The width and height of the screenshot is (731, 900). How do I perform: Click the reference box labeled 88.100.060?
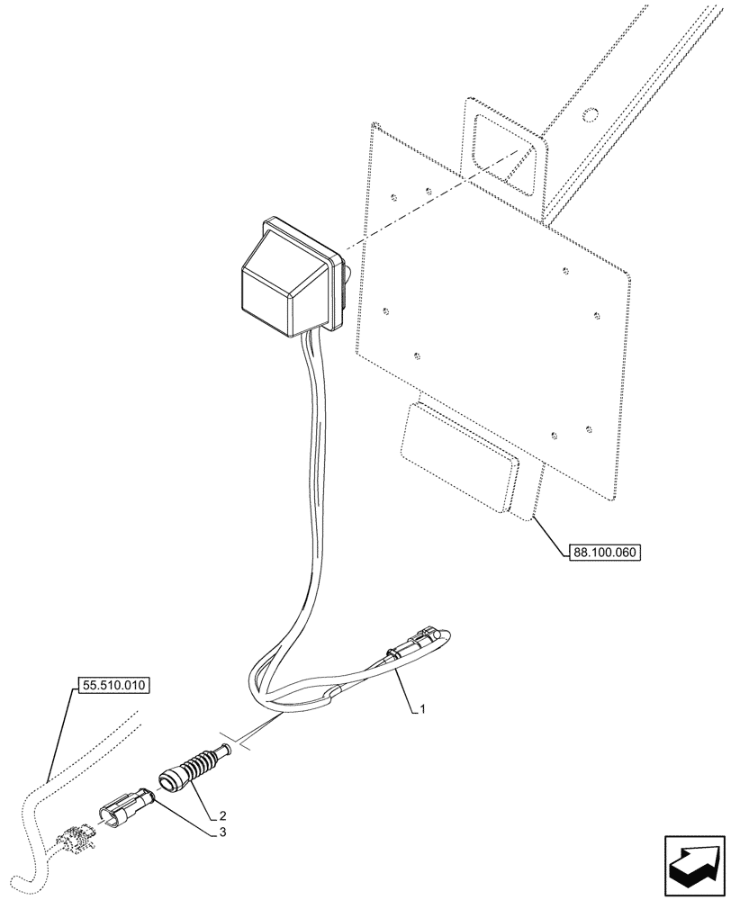(x=604, y=553)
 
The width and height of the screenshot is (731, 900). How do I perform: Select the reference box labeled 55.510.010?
(x=112, y=685)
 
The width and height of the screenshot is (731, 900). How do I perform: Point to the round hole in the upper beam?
(x=590, y=115)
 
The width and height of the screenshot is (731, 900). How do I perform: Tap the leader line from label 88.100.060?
(x=549, y=535)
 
